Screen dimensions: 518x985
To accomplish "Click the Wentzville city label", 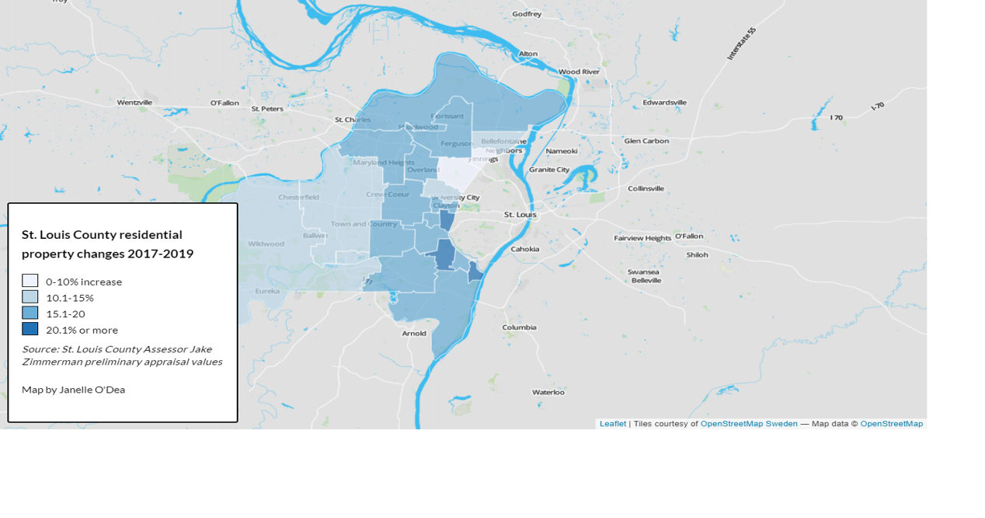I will pyautogui.click(x=135, y=102).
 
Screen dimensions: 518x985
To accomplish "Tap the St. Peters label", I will pyautogui.click(x=266, y=109).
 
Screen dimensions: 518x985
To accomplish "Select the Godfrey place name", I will pyautogui.click(x=527, y=14).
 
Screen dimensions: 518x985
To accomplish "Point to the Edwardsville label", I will pyautogui.click(x=664, y=102).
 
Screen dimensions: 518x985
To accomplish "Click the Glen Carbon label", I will pyautogui.click(x=646, y=141).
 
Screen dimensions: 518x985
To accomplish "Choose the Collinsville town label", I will pyautogui.click(x=646, y=188).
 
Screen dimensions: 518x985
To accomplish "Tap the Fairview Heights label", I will pyautogui.click(x=642, y=238).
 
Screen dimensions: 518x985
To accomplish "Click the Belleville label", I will pyautogui.click(x=646, y=280).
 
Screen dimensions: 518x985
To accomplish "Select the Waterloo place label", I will pyautogui.click(x=548, y=392).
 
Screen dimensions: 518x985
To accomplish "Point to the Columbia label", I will pyautogui.click(x=519, y=327).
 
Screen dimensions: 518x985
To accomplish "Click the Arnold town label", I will pyautogui.click(x=414, y=333).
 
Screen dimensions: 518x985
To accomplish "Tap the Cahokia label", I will pyautogui.click(x=525, y=249).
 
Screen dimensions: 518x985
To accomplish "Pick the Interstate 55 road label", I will pyautogui.click(x=741, y=44).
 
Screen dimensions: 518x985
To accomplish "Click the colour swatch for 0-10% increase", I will pyautogui.click(x=30, y=282).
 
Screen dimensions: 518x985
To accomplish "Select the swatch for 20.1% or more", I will pyautogui.click(x=30, y=329).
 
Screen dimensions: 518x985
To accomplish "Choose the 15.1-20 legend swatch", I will pyautogui.click(x=30, y=313).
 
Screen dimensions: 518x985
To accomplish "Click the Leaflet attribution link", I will pyautogui.click(x=612, y=424).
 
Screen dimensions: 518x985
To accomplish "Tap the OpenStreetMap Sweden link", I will pyautogui.click(x=749, y=424).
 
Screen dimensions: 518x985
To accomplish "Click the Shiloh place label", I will pyautogui.click(x=697, y=254).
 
